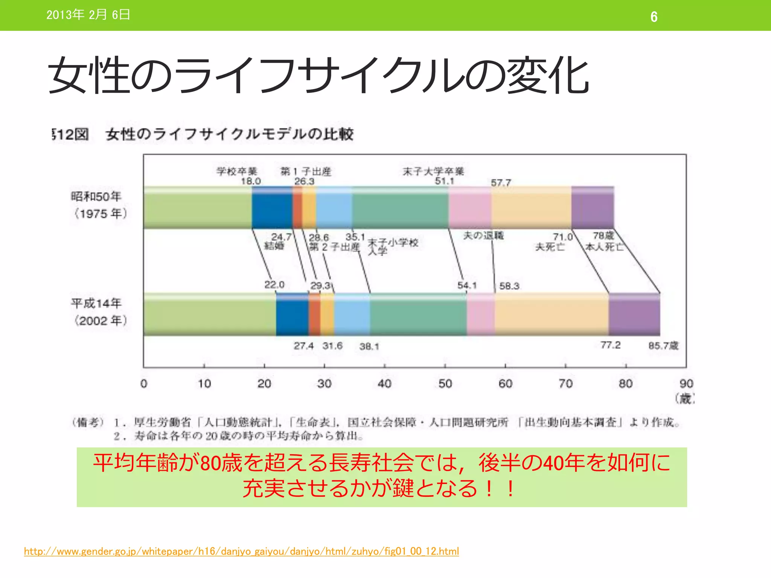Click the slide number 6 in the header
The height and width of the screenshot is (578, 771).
654,17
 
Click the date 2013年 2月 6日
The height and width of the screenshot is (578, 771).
88,15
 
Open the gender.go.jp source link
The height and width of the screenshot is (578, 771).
241,551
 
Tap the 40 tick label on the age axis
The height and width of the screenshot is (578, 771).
384,383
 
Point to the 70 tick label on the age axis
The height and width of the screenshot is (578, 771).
565,383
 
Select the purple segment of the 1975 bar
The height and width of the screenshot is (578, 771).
593,207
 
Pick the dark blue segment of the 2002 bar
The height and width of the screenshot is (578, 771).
292,314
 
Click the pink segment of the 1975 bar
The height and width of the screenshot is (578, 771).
469,207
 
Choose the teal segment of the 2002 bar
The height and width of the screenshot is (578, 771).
418,314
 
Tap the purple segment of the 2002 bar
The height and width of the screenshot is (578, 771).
634,314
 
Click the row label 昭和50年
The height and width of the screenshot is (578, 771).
96,196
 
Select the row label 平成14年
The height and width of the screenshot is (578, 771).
96,303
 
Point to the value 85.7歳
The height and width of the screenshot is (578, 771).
663,345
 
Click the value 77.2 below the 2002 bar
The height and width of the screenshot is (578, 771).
610,345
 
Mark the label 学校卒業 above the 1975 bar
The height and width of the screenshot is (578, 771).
237,171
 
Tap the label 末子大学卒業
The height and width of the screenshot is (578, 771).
433,171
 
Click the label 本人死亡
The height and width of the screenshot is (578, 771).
604,247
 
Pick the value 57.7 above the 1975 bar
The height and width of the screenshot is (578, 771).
501,183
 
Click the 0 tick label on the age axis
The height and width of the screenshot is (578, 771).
144,383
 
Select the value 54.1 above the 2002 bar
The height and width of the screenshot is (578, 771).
467,286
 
